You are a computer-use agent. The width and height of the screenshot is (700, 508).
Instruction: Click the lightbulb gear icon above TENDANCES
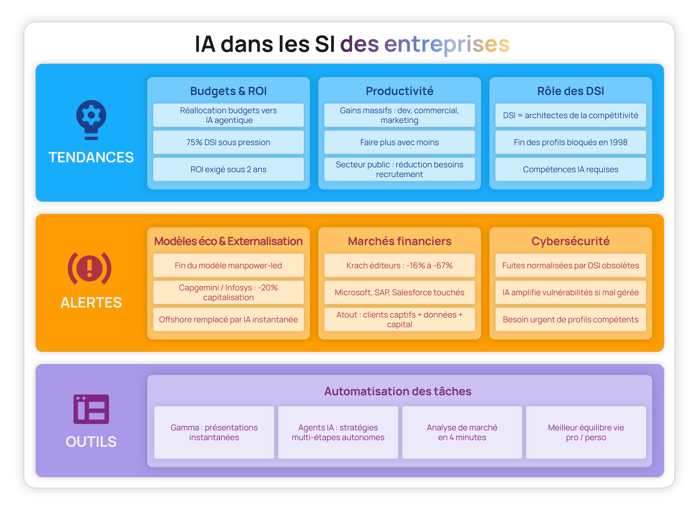91,120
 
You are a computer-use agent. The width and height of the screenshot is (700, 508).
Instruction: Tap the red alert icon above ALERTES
89,268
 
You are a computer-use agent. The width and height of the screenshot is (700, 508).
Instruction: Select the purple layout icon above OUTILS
91,409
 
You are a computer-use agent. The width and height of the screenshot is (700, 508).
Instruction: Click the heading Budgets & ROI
228,91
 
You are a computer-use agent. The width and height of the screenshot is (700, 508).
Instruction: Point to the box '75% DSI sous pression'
228,142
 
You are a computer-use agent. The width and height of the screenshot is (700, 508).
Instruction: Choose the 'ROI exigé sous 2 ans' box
228,169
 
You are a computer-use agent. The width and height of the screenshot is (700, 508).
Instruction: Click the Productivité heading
399,91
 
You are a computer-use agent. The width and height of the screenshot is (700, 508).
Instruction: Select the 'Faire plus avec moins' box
399,142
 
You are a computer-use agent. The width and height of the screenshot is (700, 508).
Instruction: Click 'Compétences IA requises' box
570,169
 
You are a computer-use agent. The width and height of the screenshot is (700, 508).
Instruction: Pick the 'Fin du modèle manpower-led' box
228,265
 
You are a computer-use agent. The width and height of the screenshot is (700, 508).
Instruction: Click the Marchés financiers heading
399,241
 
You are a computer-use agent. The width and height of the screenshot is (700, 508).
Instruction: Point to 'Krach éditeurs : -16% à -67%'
399,265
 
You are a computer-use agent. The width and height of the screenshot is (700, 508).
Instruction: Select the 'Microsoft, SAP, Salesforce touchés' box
399,292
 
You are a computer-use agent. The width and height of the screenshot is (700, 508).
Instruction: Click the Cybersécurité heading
570,241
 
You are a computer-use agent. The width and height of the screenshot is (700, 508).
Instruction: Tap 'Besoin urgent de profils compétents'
570,319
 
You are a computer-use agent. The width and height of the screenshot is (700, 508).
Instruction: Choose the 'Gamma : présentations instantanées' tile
214,432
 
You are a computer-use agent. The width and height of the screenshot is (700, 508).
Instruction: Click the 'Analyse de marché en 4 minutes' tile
462,432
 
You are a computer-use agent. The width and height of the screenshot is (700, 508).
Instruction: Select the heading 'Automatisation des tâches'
398,391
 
